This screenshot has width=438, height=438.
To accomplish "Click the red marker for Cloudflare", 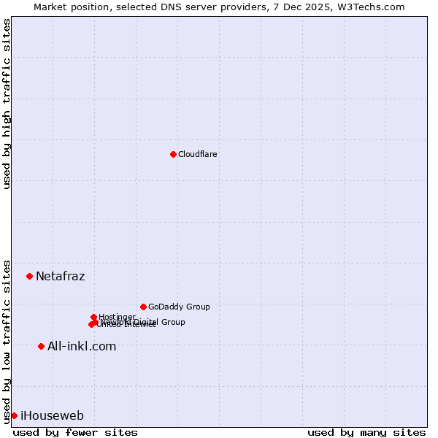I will coord(173,154).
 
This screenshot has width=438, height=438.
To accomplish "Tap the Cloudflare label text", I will coord(198,154).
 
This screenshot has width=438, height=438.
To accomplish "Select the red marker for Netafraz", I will coord(30,276).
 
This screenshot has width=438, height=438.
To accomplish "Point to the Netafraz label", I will coord(60,276).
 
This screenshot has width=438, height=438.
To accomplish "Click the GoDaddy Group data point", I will coord(143,307).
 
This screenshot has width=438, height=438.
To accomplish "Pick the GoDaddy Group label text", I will coord(179,307).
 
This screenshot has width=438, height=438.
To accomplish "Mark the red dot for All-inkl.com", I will coord(42,346).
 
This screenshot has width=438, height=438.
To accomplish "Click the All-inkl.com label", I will coord(82,346).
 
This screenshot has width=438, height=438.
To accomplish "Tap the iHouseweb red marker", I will coord(15,415).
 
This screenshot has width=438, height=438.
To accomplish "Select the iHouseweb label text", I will coord(52,416).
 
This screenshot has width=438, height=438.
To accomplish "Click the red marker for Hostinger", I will coord(94,317).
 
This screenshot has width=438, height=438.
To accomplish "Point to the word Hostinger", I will coord(118,317).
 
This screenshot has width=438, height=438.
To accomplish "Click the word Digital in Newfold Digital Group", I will coord(147,322).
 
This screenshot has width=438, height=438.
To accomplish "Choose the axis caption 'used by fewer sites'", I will coord(75,432).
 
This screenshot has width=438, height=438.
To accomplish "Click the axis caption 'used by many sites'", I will coord(366,432).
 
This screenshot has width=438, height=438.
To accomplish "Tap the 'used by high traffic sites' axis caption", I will coord(7,104).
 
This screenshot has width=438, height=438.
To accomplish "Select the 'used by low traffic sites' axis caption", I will coord(7,341).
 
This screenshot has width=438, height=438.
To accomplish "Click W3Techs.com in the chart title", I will coord(374,7).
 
